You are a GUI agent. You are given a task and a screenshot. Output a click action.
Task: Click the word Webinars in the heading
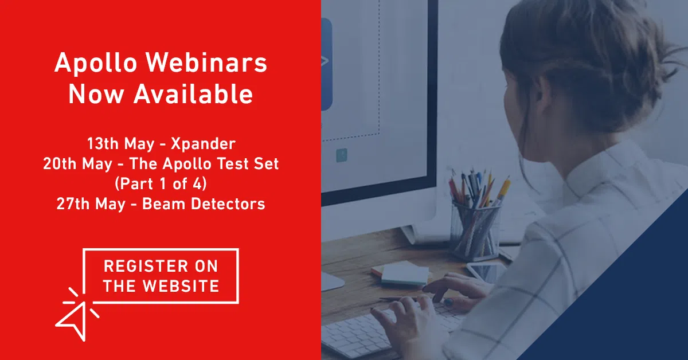(206, 62)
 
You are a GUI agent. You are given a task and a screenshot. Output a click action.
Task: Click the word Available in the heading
(193, 94)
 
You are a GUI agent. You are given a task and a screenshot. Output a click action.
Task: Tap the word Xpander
(203, 144)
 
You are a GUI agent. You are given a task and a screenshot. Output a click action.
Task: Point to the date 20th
(59, 163)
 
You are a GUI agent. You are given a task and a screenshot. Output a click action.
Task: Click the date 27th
(73, 204)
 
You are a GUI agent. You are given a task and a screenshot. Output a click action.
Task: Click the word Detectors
(228, 204)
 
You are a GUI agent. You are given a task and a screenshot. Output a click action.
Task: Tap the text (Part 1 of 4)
(161, 183)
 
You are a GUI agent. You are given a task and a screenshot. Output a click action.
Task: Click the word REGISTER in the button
(146, 266)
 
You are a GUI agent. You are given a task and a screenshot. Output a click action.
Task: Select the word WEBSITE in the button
(181, 286)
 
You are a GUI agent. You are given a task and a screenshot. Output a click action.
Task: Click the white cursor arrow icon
(73, 320)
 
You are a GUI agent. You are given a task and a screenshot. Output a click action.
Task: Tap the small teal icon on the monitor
(342, 155)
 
